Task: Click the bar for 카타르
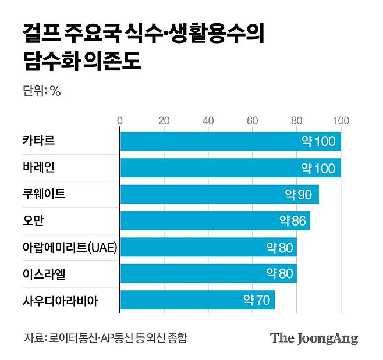(x=230, y=142)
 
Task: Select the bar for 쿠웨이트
(x=219, y=194)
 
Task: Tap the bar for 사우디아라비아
(x=197, y=301)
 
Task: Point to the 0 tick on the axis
(x=120, y=121)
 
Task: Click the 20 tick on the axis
(x=164, y=121)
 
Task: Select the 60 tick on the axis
(x=253, y=121)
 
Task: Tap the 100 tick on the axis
(x=341, y=121)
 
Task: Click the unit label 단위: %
(x=41, y=91)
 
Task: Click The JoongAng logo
(x=314, y=338)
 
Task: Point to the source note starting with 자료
(x=105, y=337)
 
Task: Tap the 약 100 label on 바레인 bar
(x=318, y=168)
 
